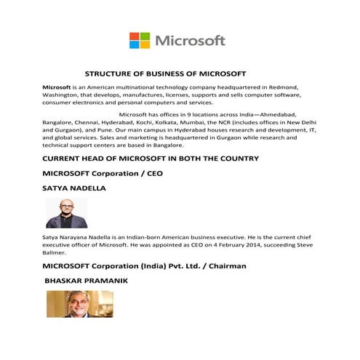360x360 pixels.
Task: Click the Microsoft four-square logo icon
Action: (140, 40)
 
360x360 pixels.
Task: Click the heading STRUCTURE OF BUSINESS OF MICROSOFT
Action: (166, 73)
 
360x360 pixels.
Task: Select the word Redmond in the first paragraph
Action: (278, 87)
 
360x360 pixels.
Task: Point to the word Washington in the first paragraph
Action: (62, 95)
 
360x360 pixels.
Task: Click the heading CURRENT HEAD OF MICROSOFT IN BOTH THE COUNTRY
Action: (151, 158)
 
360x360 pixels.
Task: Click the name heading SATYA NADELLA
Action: (74, 188)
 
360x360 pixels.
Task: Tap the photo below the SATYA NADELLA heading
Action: (66, 213)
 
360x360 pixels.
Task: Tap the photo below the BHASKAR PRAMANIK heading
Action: (80, 303)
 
